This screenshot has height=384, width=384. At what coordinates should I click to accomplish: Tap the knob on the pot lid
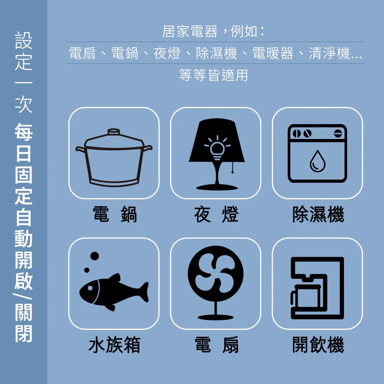click(x=114, y=132)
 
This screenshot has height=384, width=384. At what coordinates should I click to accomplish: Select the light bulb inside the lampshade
click(x=217, y=148)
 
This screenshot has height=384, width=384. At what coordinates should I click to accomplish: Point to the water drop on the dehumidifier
click(x=318, y=161)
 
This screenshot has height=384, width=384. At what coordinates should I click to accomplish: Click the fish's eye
click(x=90, y=288)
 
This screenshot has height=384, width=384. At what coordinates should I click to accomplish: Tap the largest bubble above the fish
click(x=94, y=256)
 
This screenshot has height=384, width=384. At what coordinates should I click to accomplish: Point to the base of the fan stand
click(x=215, y=318)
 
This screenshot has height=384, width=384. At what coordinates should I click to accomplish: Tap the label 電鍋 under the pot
click(x=114, y=214)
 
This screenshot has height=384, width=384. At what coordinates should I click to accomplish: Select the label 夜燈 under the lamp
click(x=216, y=214)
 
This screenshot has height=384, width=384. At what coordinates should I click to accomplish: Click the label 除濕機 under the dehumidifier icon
click(x=318, y=214)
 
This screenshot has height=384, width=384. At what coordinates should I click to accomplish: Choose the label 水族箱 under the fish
click(x=114, y=344)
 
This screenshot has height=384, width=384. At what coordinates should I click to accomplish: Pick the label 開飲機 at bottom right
click(x=318, y=344)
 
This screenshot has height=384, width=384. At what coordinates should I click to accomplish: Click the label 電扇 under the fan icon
click(x=216, y=344)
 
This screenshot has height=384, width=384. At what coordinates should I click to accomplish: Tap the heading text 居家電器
click(x=190, y=31)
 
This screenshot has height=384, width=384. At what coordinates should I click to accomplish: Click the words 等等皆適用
click(x=213, y=75)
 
